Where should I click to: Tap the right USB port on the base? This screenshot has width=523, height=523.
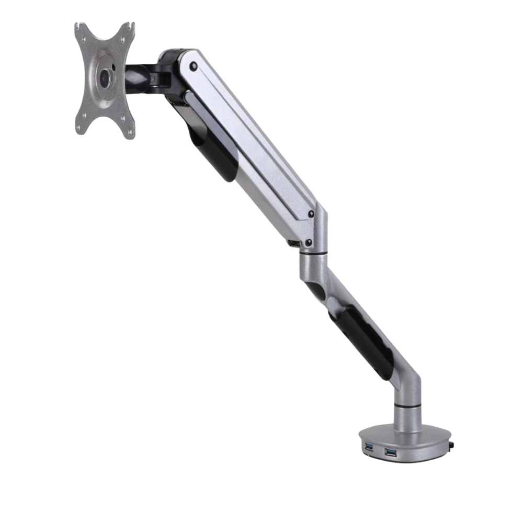(390, 452)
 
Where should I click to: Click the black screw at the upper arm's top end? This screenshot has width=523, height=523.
(194, 66)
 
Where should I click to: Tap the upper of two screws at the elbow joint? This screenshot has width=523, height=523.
(311, 214)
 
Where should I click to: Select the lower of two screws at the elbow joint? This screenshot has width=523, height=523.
(309, 242)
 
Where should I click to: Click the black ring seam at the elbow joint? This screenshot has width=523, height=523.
(313, 253)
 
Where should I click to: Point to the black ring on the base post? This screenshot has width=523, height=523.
(407, 404)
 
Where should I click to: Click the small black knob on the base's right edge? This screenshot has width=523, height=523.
(452, 446)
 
